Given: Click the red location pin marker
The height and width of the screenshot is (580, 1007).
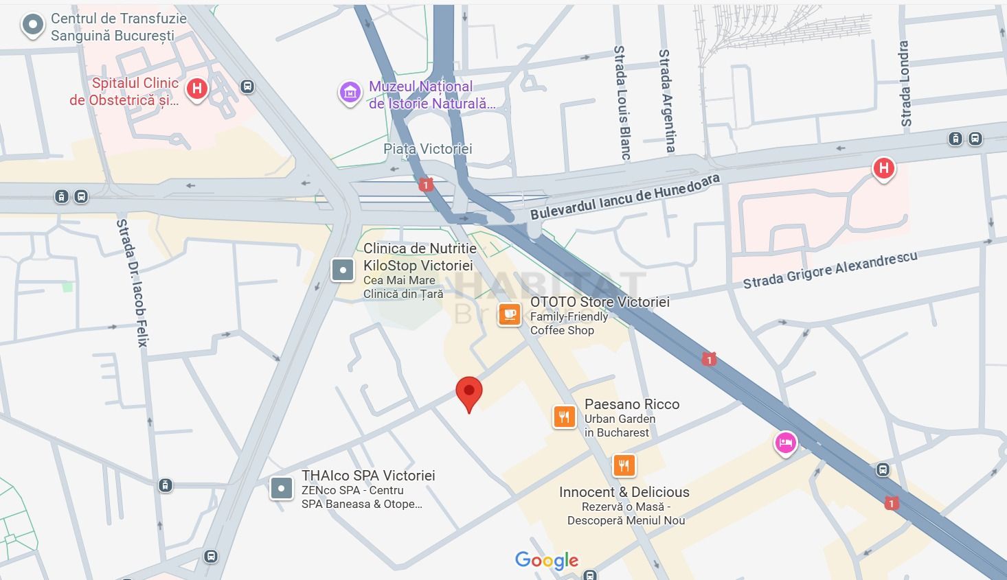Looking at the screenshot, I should [469, 393].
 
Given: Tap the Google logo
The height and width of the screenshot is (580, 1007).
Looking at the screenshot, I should [547, 561].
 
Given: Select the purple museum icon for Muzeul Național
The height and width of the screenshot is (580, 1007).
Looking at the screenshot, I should [350, 92].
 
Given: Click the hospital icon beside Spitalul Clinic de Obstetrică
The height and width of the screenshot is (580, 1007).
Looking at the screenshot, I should [197, 89].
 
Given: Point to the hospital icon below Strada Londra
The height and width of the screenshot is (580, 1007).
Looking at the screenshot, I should [883, 168].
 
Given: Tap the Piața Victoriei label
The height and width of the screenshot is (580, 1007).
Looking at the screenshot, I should [427, 149].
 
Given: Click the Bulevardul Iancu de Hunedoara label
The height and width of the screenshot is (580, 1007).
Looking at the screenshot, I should [624, 196].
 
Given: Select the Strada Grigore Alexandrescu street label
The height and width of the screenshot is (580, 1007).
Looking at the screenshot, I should [830, 270].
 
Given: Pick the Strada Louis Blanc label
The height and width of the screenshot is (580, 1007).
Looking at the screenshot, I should [621, 103].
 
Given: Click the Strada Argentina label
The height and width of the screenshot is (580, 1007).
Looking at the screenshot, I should [666, 100].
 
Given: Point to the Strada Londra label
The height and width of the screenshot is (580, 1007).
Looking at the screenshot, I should [905, 84].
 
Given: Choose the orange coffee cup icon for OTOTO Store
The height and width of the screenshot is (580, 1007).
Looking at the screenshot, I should [509, 314].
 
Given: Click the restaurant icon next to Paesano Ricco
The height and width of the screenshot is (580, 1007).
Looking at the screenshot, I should [564, 417].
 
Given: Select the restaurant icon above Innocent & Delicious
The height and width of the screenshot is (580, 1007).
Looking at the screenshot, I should [624, 466].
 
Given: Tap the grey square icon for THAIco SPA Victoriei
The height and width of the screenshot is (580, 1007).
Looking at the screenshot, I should [281, 488].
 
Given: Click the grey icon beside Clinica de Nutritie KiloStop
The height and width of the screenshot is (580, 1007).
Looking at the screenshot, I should [342, 270].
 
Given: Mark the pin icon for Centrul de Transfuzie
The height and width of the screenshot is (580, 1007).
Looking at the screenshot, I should [32, 26].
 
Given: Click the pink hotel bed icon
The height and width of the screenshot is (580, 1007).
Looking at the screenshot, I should [785, 442].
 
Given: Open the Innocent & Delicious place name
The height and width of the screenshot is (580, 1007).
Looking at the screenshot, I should [624, 492].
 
